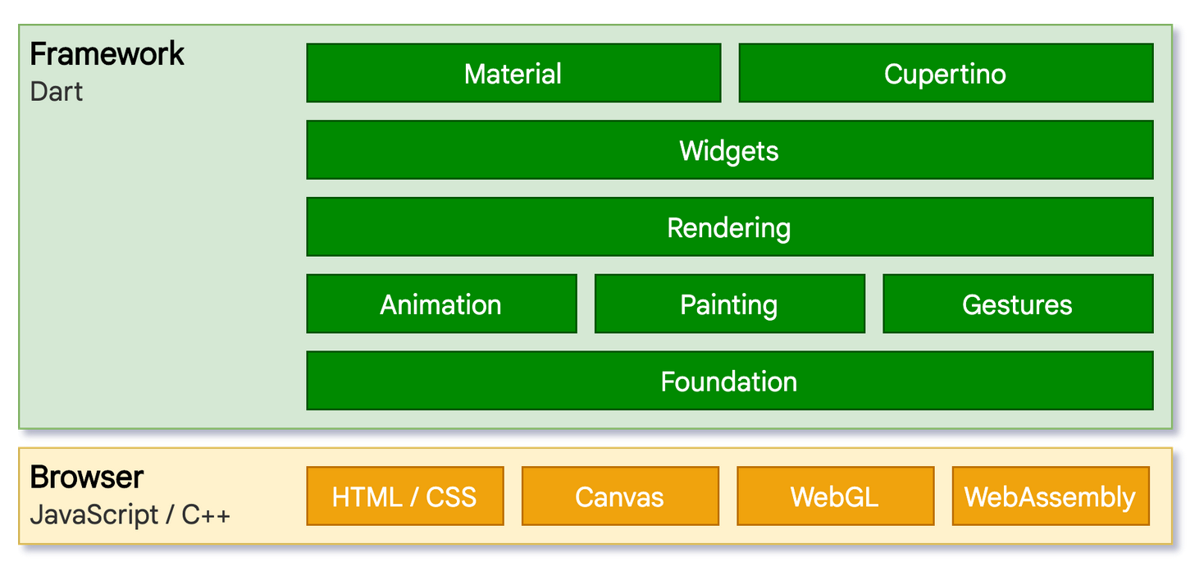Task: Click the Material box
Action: pyautogui.click(x=513, y=74)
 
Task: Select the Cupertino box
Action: pyautogui.click(x=945, y=74)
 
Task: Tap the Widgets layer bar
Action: pyautogui.click(x=729, y=150)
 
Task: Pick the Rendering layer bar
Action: pyautogui.click(x=729, y=227)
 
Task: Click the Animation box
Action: pyautogui.click(x=441, y=304)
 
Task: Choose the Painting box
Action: pyautogui.click(x=729, y=304)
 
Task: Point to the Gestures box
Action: pyautogui.click(x=1017, y=304)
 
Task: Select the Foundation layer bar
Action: pyautogui.click(x=729, y=382)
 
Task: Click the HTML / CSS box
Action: pyautogui.click(x=404, y=496)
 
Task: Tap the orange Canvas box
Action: pyautogui.click(x=620, y=496)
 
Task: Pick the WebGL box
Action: pyautogui.click(x=835, y=496)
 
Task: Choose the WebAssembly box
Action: pyautogui.click(x=1050, y=496)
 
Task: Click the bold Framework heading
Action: pyautogui.click(x=107, y=54)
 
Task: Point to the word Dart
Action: pyautogui.click(x=57, y=91)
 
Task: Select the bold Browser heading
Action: pyautogui.click(x=87, y=477)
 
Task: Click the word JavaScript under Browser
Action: pyautogui.click(x=94, y=515)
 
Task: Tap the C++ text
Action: pyautogui.click(x=206, y=515)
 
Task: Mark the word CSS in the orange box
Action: pyautogui.click(x=450, y=496)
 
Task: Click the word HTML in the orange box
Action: pyautogui.click(x=367, y=496)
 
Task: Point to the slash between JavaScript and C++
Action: pyautogui.click(x=170, y=515)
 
